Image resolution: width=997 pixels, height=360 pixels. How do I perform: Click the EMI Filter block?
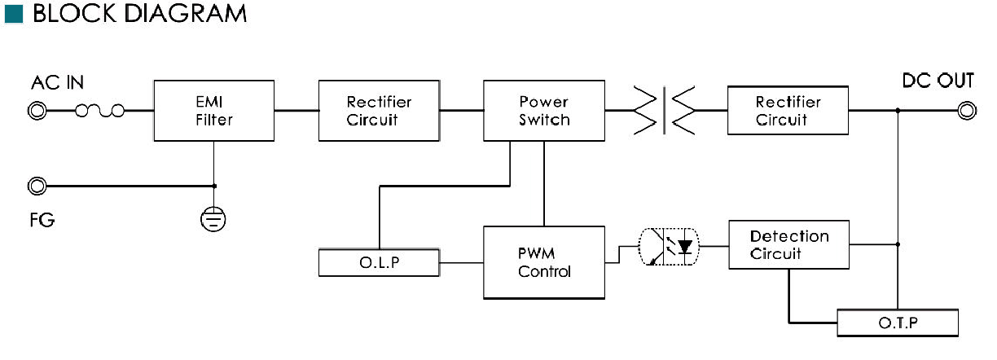(x=213, y=110)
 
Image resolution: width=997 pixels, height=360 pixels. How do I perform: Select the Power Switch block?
(x=544, y=110)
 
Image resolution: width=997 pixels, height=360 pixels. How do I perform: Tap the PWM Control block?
(x=544, y=262)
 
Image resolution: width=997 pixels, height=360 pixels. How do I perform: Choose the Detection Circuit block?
(x=788, y=244)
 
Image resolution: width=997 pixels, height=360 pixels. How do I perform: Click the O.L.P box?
(x=380, y=262)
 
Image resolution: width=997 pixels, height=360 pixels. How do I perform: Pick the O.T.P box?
(x=898, y=323)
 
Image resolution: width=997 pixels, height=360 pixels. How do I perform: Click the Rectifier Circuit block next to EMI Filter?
(x=380, y=110)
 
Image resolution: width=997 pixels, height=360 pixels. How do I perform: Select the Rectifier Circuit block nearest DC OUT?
(x=788, y=110)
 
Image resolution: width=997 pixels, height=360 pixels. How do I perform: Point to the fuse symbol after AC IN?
(x=99, y=110)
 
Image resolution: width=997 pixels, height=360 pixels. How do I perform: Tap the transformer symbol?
(x=664, y=110)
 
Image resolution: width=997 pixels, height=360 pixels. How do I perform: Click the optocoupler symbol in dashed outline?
(x=669, y=247)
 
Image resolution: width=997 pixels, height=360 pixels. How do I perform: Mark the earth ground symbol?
(x=213, y=219)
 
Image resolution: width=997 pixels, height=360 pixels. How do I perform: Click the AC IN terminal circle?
(x=37, y=110)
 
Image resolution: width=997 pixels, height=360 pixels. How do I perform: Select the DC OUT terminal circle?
(x=967, y=110)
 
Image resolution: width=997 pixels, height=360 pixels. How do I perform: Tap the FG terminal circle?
(x=37, y=186)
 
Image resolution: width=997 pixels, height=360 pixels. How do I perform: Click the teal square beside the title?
(x=14, y=14)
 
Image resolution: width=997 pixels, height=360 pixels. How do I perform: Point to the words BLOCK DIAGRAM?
(x=140, y=13)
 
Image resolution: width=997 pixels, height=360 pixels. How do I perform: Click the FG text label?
(x=42, y=220)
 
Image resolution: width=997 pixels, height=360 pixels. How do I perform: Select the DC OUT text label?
(x=938, y=81)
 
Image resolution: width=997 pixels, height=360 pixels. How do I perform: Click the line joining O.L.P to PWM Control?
(x=462, y=262)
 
